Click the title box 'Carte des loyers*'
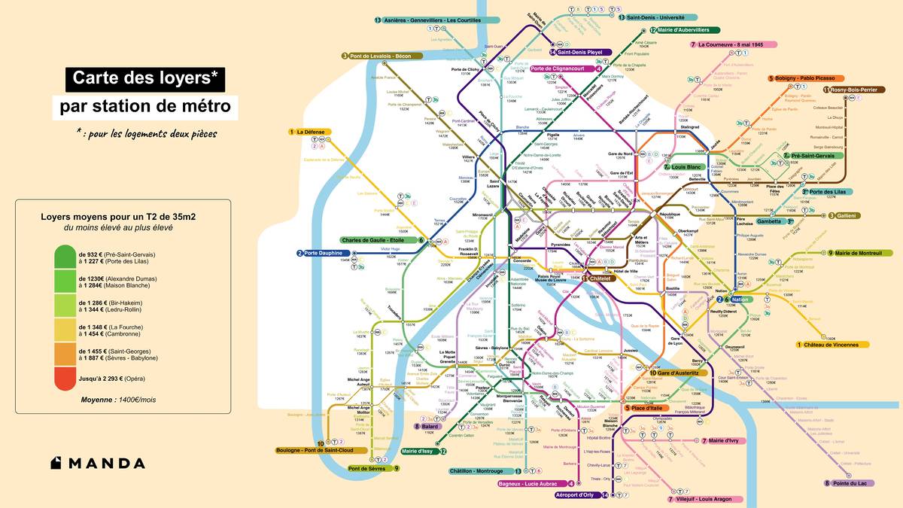point(145,78)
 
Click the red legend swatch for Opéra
point(65,379)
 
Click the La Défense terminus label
point(309,132)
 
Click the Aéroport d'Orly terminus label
point(576,495)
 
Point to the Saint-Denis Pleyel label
point(579,52)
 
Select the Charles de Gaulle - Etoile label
point(379,241)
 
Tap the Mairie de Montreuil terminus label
point(858,254)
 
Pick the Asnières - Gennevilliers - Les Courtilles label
point(430,20)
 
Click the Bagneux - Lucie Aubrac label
point(532,483)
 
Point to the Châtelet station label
point(599,278)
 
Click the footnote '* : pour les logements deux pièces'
point(146,133)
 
